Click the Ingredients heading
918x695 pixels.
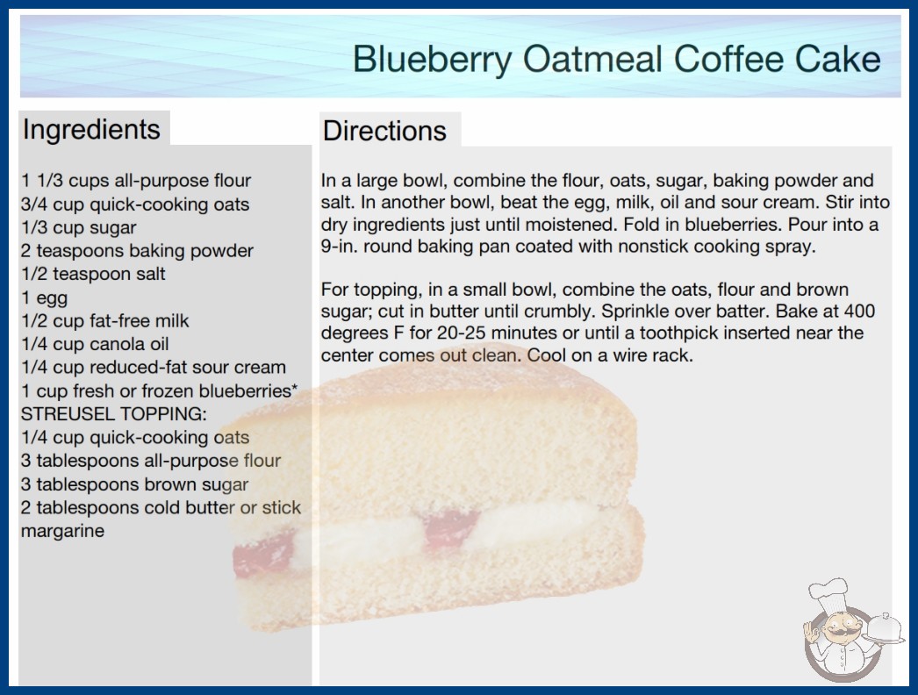pos(91,130)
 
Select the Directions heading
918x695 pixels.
pos(384,131)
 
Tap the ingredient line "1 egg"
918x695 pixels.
pos(45,298)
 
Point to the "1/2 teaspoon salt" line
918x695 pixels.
pos(93,274)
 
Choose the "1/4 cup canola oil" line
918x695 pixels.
pos(95,344)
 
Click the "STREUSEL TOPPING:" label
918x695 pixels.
pos(113,414)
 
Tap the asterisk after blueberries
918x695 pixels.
pos(295,387)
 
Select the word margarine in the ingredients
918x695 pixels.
pos(62,531)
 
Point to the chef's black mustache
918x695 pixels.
pos(838,631)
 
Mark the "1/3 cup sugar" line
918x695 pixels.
pos(78,228)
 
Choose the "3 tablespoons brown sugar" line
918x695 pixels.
pos(134,484)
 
